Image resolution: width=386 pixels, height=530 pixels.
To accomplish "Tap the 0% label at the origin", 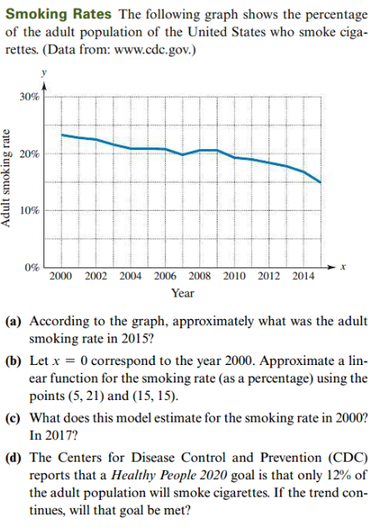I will (x=32, y=267).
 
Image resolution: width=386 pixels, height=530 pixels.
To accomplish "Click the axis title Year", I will (x=183, y=293).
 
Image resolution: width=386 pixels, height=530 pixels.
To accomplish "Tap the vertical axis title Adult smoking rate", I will (x=9, y=182).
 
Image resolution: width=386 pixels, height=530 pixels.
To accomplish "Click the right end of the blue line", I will (x=320, y=182).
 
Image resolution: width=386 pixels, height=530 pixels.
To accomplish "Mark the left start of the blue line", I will (x=63, y=133).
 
